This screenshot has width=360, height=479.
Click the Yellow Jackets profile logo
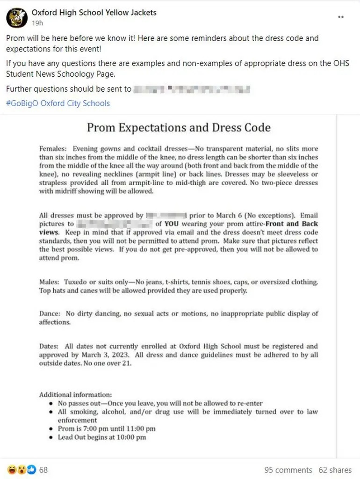[16, 17]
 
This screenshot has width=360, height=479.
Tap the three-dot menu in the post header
[342, 17]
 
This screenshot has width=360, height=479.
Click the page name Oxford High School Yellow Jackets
[94, 13]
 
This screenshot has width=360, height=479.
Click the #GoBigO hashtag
[22, 103]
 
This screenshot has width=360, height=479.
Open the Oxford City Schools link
[75, 103]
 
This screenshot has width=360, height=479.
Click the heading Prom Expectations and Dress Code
[179, 127]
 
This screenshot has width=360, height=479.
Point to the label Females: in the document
[53, 149]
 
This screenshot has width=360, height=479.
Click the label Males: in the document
[50, 282]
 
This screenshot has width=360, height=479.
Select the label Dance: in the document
[50, 313]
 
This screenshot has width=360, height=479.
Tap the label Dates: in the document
[49, 346]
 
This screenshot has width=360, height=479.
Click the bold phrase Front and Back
[295, 224]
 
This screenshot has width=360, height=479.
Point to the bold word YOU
[171, 224]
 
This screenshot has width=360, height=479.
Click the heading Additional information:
[75, 395]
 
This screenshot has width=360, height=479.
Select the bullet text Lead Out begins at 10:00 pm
[102, 437]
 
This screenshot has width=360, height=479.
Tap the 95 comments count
[288, 470]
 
